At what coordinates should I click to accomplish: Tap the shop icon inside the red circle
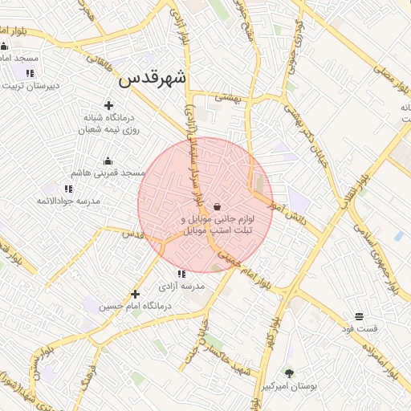(218, 206)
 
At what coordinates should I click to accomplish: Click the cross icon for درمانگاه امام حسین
(135, 294)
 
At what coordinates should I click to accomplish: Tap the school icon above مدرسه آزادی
(181, 274)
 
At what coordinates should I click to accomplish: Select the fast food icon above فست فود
(359, 316)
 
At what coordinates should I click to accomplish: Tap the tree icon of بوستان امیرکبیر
(289, 373)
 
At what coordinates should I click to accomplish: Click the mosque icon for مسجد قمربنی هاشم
(108, 161)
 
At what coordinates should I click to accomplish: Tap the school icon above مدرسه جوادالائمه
(68, 189)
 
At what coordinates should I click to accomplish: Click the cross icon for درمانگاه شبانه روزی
(108, 105)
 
